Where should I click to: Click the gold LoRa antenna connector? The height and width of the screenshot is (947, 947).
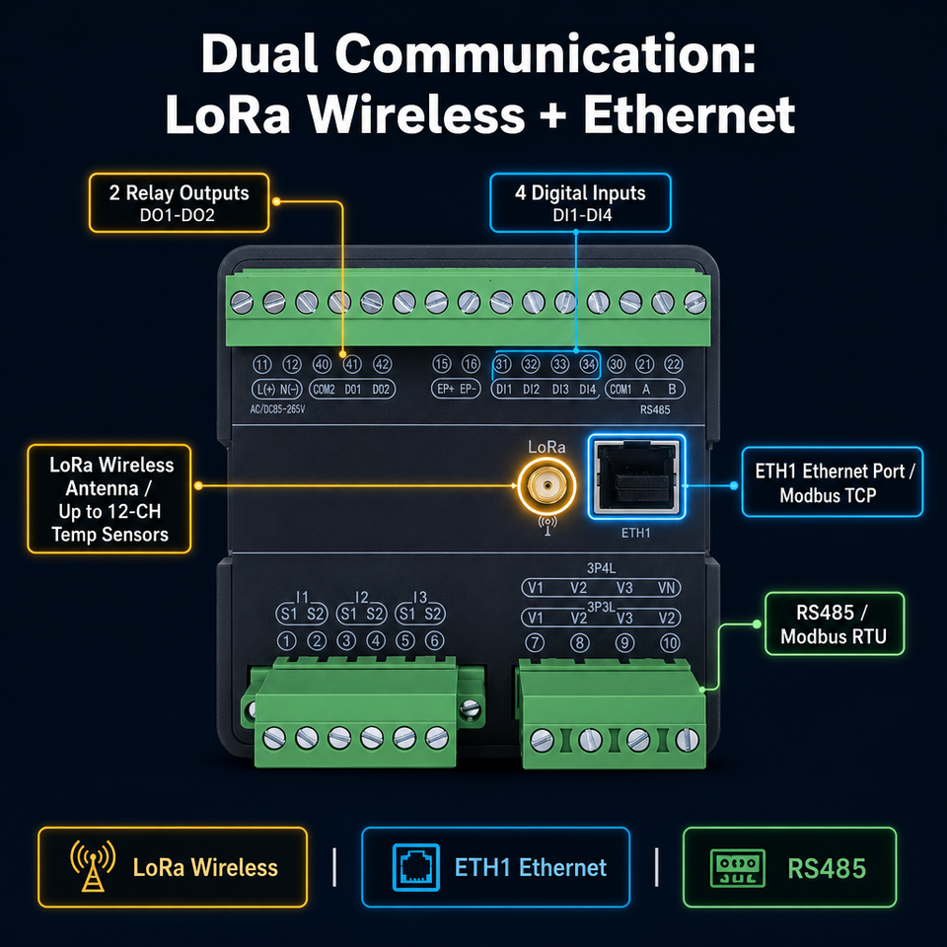(546, 485)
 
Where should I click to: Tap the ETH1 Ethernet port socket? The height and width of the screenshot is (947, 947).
(636, 476)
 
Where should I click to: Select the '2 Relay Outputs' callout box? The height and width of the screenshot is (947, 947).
(180, 203)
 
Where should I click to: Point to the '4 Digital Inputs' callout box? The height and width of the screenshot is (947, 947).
(580, 203)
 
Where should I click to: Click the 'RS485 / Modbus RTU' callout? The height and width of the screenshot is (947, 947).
(835, 623)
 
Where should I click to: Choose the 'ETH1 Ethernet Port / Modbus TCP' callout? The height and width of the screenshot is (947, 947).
(833, 482)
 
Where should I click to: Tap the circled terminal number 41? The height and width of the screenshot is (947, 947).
(352, 364)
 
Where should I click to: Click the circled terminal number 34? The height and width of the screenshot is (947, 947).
(588, 364)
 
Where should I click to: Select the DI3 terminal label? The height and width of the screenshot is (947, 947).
(560, 390)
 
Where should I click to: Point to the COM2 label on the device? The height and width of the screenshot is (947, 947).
(324, 390)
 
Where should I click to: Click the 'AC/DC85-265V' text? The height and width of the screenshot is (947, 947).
(278, 409)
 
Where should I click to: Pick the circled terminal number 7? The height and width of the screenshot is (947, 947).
(535, 642)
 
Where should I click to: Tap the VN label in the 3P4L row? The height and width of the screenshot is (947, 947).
(666, 588)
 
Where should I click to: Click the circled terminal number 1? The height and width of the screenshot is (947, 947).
(286, 641)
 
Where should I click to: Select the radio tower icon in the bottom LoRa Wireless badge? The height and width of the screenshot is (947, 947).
(93, 865)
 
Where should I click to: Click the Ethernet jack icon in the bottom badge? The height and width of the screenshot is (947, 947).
(416, 867)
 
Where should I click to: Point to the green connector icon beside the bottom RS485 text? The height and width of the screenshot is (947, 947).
(738, 868)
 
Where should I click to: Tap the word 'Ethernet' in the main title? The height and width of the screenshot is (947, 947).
(689, 114)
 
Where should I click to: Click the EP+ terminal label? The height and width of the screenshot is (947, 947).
(445, 390)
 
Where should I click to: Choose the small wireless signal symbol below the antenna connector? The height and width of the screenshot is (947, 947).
(547, 526)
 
